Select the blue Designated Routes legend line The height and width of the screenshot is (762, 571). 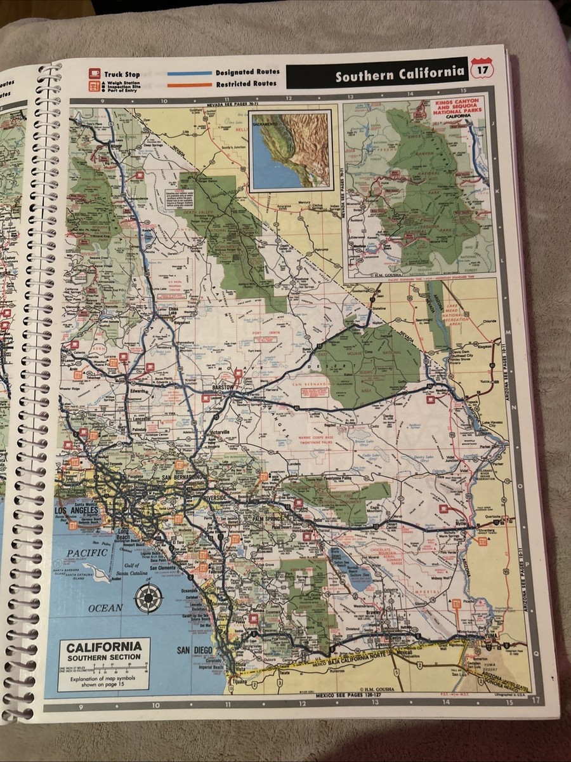tap(189, 74)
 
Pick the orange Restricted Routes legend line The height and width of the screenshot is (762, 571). tap(189, 84)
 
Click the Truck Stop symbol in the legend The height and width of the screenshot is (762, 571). tap(95, 74)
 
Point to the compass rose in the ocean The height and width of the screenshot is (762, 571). tap(148, 597)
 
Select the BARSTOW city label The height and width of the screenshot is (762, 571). tap(223, 387)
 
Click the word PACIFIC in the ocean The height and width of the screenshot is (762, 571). tap(86, 553)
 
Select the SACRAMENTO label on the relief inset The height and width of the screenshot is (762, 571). tap(266, 126)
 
